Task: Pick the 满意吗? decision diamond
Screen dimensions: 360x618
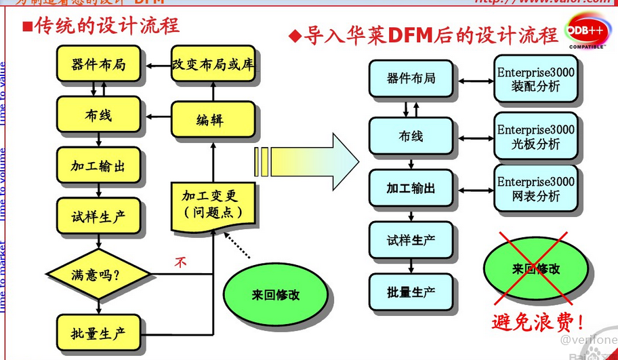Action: [100, 275]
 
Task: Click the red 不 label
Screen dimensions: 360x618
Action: [181, 262]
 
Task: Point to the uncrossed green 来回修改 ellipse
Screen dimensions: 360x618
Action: [275, 295]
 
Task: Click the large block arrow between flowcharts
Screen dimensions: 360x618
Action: [308, 160]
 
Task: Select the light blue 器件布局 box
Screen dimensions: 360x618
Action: [411, 79]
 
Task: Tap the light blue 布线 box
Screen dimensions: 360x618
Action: [411, 136]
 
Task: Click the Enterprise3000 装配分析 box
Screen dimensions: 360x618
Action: [536, 79]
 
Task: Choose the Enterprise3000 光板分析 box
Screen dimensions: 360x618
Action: [536, 136]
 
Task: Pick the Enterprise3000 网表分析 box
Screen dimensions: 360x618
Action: [536, 188]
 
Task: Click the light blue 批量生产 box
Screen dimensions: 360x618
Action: [411, 293]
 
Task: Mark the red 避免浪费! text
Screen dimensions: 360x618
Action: [537, 321]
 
